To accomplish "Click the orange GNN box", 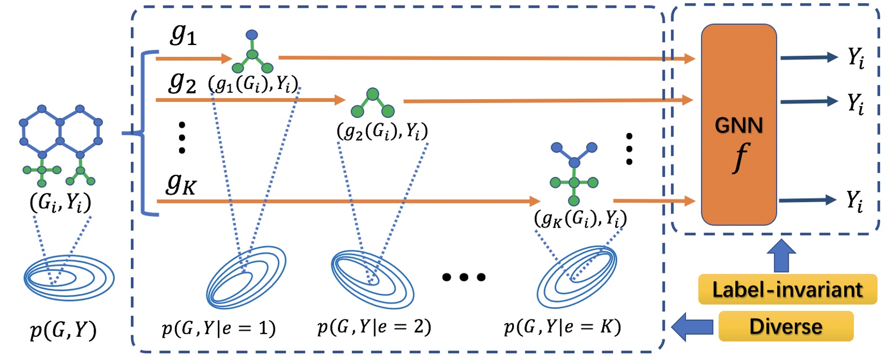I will point(738,125).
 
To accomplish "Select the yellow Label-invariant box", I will point(787,289).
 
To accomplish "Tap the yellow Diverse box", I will point(785,326).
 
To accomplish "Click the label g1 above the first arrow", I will point(184,35).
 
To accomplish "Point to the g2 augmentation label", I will point(182,82).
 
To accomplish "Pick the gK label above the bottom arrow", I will point(181,184).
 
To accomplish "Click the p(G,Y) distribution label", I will point(63,329).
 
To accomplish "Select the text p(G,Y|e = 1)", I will point(218,328).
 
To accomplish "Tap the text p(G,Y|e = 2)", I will point(374,326).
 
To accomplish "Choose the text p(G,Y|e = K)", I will point(562,326).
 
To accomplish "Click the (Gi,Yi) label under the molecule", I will point(61,202).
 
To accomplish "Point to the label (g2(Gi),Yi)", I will point(382,132).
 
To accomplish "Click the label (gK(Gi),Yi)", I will point(580,219).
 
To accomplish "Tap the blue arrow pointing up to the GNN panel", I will point(781,256).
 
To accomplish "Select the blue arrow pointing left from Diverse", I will point(692,326).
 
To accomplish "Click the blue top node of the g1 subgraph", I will point(252,35).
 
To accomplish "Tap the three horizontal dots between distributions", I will point(464,277).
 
